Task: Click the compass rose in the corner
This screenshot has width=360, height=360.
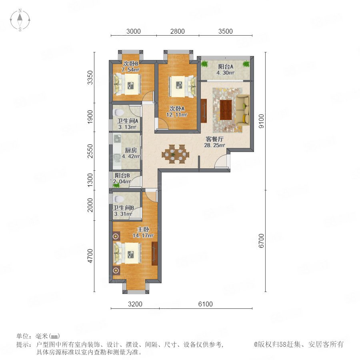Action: tap(20, 20)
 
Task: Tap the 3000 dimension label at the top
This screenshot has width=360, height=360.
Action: tap(133, 31)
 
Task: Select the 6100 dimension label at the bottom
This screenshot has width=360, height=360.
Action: tap(205, 304)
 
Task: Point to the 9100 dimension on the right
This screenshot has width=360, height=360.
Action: tap(261, 121)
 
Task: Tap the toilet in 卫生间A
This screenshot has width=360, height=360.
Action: tap(118, 112)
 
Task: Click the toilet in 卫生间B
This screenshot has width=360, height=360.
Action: tap(119, 199)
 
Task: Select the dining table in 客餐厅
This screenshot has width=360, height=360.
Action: tap(176, 154)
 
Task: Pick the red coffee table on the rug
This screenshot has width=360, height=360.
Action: tap(226, 110)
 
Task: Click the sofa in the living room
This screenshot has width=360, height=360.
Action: tap(243, 110)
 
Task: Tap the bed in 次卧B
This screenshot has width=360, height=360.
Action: tap(128, 84)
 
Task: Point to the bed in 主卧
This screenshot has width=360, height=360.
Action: tap(128, 253)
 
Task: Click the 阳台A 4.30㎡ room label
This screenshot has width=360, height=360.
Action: tap(226, 70)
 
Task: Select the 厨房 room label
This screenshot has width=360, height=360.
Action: tap(131, 150)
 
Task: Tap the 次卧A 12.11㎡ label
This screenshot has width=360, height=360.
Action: tap(177, 112)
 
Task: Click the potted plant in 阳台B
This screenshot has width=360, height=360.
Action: tap(116, 184)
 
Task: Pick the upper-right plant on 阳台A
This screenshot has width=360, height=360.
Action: tap(246, 64)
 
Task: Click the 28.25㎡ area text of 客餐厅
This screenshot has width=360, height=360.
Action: tap(214, 145)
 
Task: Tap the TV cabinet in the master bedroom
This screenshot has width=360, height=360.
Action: tap(155, 254)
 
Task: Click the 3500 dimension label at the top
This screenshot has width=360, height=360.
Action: tap(226, 31)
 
